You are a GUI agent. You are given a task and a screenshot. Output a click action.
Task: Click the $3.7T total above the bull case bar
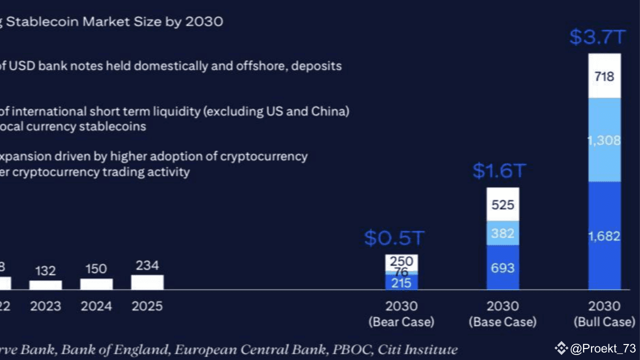pos(597,37)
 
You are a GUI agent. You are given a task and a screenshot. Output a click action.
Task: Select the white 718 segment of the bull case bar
pos(604,76)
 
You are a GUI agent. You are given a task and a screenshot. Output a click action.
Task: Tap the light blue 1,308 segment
pos(604,140)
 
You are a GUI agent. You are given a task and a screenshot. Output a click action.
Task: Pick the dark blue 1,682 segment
pos(604,236)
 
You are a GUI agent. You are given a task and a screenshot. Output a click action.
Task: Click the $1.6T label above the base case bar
pos(499,171)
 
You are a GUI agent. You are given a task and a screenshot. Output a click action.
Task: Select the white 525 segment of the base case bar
pos(503,204)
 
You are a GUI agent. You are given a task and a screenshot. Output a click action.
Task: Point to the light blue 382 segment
pos(503,233)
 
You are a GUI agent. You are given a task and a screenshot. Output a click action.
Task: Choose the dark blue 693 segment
pos(503,267)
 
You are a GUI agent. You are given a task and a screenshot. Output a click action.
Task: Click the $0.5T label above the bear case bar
pos(394,238)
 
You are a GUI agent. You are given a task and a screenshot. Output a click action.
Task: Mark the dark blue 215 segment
pos(401,283)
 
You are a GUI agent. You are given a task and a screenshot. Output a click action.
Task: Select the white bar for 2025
pos(147,282)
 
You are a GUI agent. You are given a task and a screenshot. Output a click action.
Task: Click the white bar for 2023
pos(45,285)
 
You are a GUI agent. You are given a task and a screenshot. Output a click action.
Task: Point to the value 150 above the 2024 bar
pos(96,269)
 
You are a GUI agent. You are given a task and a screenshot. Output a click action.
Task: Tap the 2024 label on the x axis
pos(96,306)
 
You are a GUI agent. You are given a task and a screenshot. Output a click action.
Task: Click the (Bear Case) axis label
pos(401,322)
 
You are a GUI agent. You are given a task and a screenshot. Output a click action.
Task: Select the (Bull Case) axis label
pos(604,322)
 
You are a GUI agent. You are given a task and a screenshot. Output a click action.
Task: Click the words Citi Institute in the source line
pos(417,349)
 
